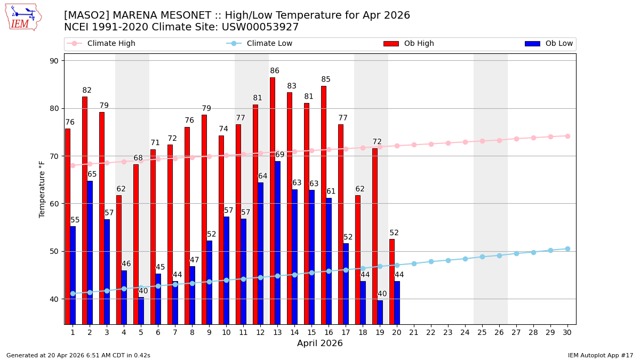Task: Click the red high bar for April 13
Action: (273, 201)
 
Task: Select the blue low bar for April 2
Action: (90, 252)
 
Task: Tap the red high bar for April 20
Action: (392, 282)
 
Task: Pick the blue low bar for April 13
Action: (277, 243)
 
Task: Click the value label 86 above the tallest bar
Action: (275, 71)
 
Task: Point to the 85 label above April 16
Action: (326, 79)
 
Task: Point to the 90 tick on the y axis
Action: (54, 61)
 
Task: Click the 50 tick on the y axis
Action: (54, 251)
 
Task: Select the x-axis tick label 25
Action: (482, 332)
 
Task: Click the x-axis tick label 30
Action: (567, 332)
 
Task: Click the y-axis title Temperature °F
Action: (42, 189)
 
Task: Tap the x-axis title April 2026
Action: (320, 343)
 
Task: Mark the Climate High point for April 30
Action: (567, 136)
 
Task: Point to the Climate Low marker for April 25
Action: (482, 257)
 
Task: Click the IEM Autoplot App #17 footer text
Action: (601, 355)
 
